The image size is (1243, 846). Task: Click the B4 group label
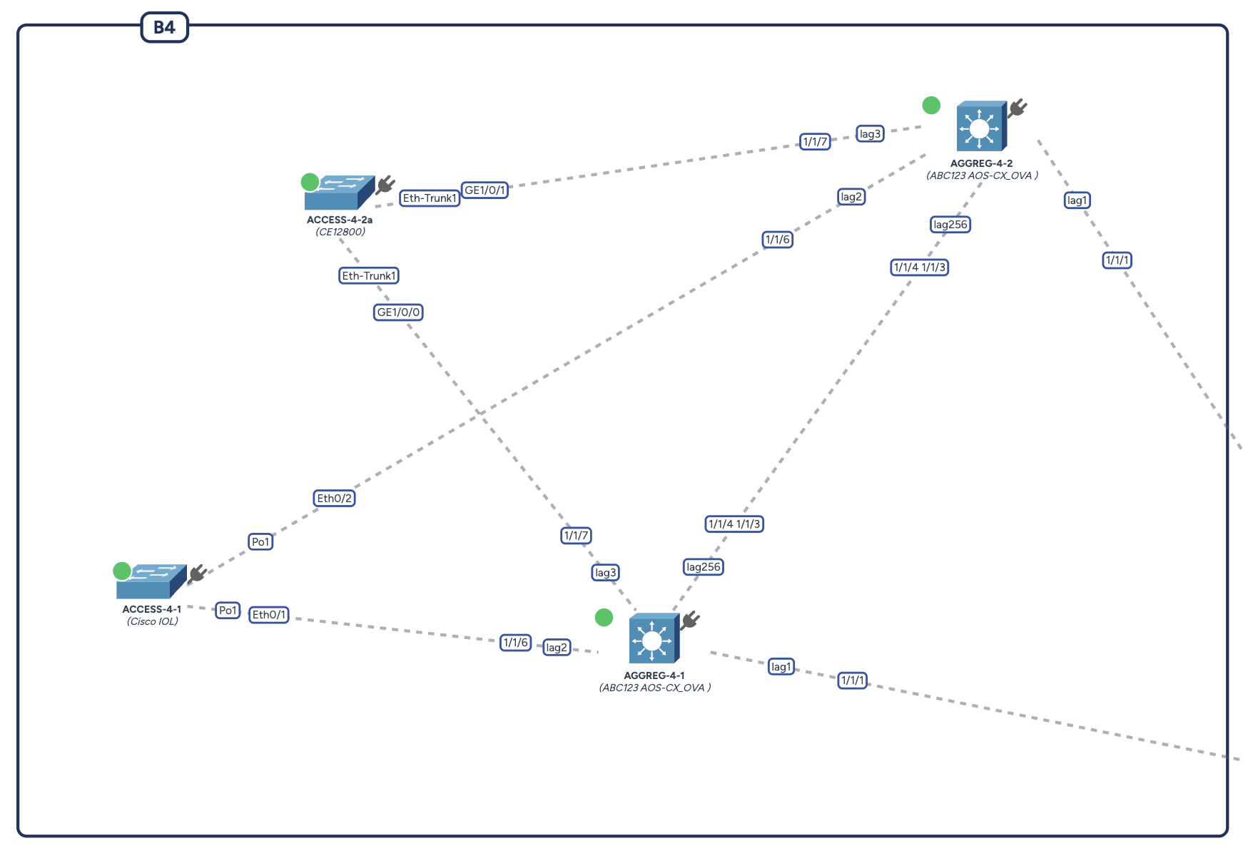point(164,28)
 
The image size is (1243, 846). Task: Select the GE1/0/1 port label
point(484,190)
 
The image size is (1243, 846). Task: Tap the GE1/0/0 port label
point(398,312)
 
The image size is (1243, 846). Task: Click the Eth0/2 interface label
point(334,499)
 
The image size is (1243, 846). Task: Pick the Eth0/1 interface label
point(268,615)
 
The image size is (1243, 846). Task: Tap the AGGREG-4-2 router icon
point(980,126)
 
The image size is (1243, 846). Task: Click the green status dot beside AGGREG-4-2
point(931,106)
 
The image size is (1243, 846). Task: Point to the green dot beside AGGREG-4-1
point(604,618)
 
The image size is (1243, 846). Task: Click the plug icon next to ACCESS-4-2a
point(385,185)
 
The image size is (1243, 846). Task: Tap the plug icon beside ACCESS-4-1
point(198,574)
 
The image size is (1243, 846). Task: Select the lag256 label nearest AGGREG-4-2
point(950,225)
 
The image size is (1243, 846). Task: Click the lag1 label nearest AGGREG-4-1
point(781,667)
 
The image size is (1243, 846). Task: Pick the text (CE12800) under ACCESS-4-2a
point(340,232)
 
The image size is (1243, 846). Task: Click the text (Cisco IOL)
point(152,621)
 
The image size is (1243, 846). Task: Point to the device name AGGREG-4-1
point(654,676)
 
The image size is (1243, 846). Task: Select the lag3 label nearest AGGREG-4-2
point(870,134)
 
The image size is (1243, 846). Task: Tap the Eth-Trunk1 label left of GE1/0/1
point(429,198)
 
